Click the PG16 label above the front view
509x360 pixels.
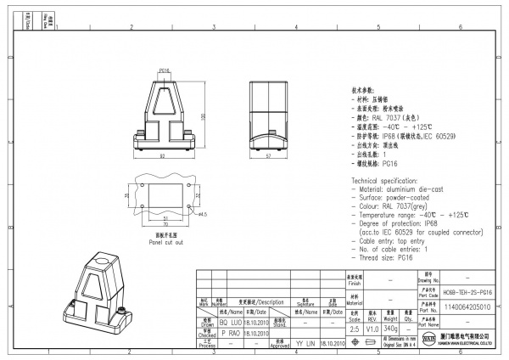[165, 71]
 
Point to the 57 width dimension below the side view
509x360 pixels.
[269, 156]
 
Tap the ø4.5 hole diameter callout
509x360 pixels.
[203, 215]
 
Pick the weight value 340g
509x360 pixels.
[390, 328]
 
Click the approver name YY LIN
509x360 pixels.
[305, 343]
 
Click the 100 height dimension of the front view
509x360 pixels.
[202, 115]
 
